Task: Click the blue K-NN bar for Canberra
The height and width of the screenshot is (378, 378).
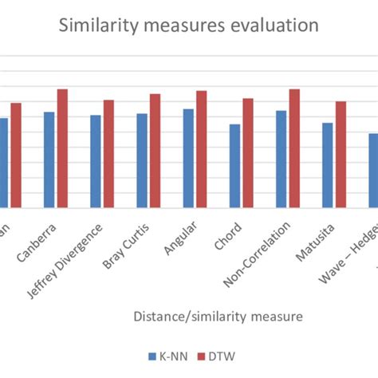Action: pyautogui.click(x=49, y=160)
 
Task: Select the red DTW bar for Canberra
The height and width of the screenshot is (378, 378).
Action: pyautogui.click(x=62, y=149)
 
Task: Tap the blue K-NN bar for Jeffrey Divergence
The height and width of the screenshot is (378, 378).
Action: pyautogui.click(x=96, y=162)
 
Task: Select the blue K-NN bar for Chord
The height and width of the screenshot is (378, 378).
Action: pyautogui.click(x=234, y=166)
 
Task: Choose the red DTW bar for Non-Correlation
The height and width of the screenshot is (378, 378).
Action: pyautogui.click(x=293, y=149)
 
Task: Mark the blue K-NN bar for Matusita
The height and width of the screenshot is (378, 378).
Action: pyautogui.click(x=327, y=165)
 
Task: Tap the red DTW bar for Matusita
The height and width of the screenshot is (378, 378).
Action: pyautogui.click(x=340, y=155)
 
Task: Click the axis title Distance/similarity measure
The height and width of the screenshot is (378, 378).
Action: pyautogui.click(x=219, y=317)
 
